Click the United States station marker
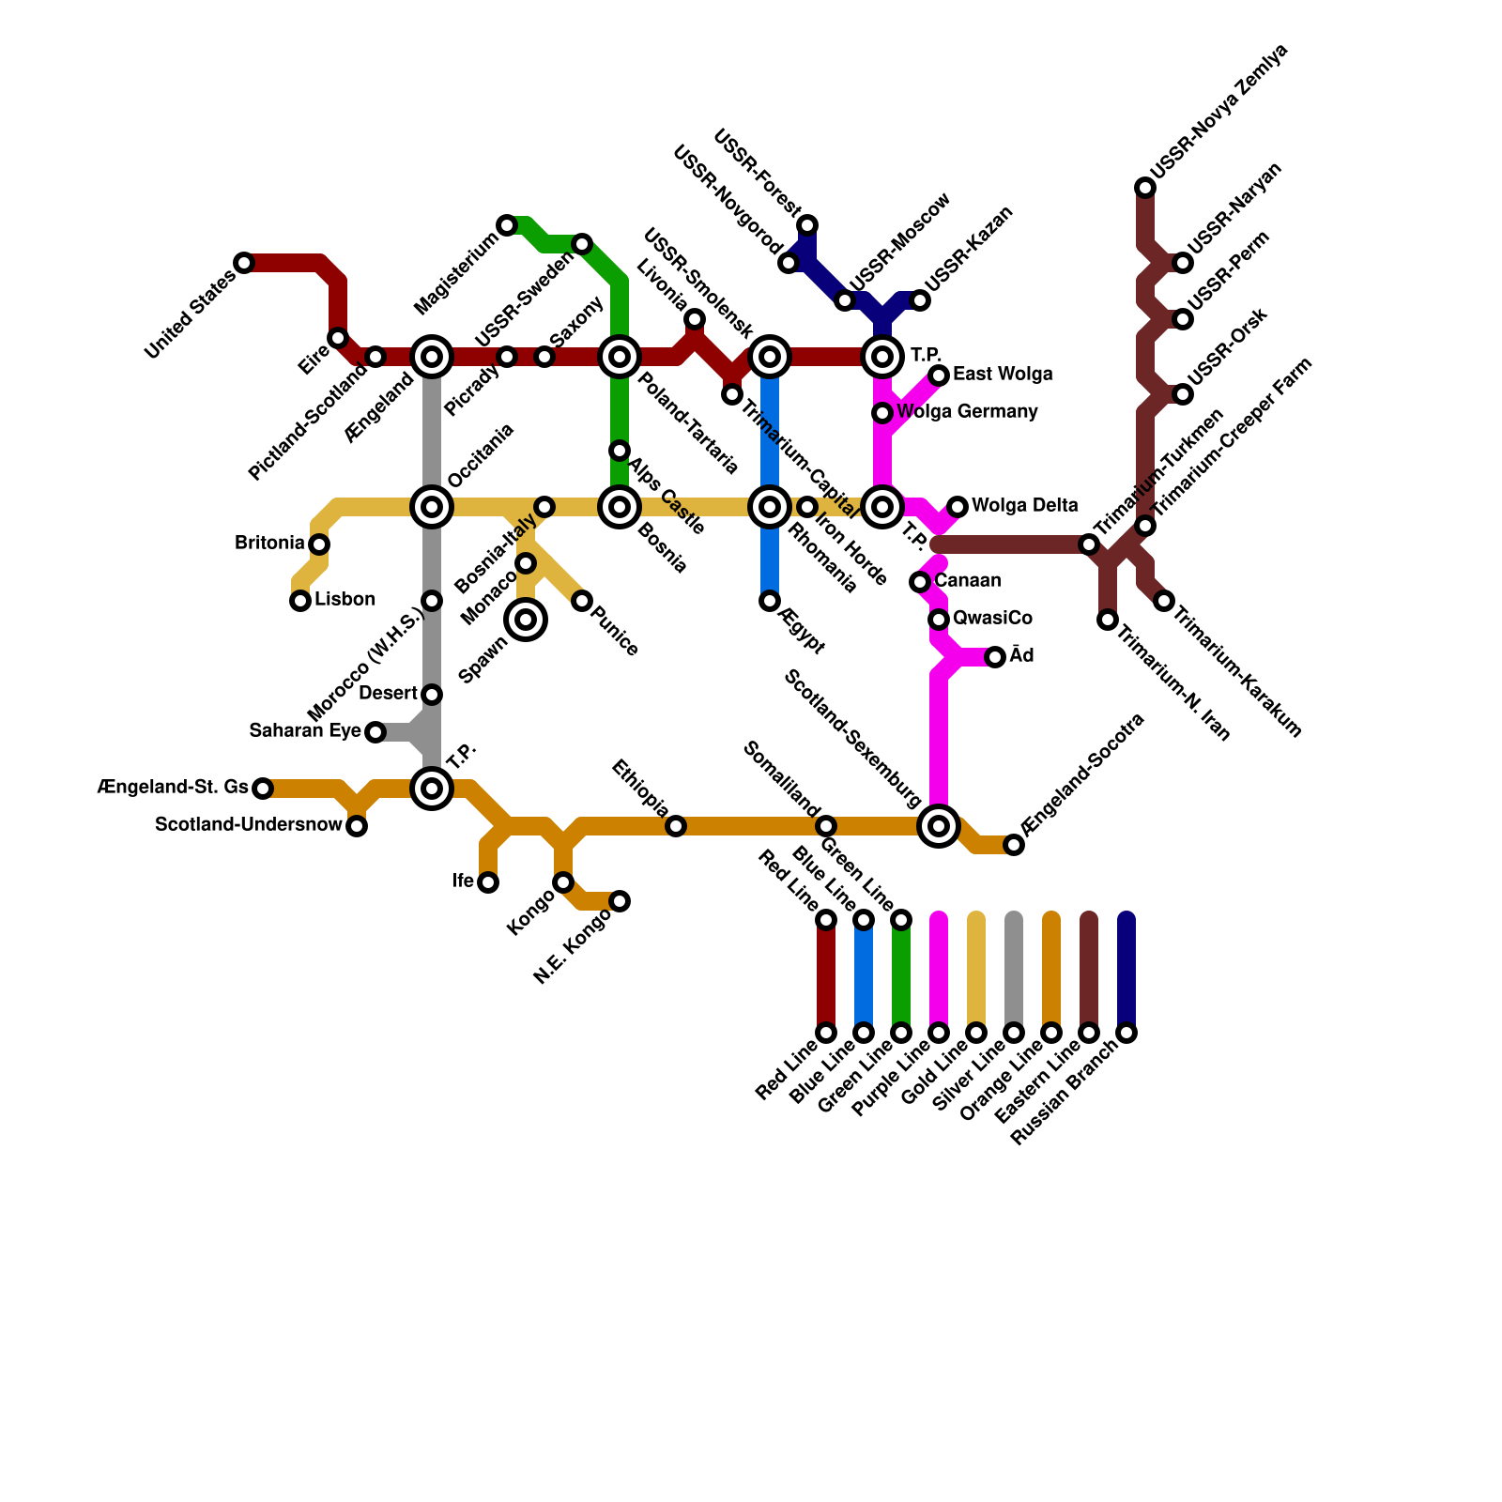pos(244,263)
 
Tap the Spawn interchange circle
pos(526,620)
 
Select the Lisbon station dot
pos(300,601)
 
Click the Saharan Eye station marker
pos(375,732)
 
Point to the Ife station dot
pos(488,882)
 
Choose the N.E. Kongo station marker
pos(620,901)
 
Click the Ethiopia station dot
pos(676,826)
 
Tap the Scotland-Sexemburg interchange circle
pos(939,826)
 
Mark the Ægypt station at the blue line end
pos(770,601)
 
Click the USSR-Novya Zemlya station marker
pos(1145,188)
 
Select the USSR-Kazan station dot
pos(920,300)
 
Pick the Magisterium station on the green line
pos(507,225)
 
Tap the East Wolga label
pos(1003,375)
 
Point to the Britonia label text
pos(269,544)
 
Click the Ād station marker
pos(995,657)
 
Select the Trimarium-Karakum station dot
pos(1164,601)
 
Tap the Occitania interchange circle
pos(432,507)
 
